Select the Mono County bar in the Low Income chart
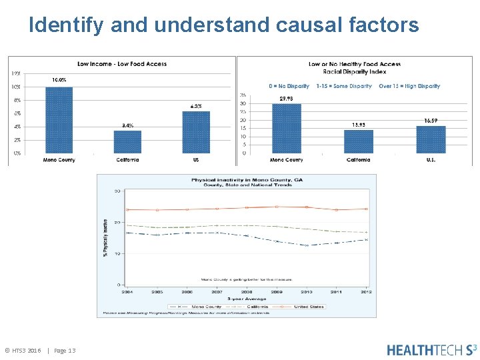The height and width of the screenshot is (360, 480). (59, 121)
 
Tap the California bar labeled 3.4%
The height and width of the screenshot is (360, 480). (127, 141)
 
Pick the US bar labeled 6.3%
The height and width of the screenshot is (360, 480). (196, 132)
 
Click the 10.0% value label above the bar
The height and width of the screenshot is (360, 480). (59, 80)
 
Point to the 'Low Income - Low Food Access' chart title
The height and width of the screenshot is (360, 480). (122, 64)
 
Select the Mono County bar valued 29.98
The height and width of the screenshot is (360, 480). (287, 128)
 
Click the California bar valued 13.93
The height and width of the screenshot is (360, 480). (358, 141)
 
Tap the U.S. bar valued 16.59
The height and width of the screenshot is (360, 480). (431, 139)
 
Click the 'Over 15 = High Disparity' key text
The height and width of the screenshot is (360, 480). (409, 86)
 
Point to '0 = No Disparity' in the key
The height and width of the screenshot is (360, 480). (289, 86)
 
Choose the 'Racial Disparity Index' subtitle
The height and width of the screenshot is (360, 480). (355, 71)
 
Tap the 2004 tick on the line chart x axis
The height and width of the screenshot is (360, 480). (127, 291)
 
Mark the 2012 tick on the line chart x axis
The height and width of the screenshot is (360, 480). (365, 291)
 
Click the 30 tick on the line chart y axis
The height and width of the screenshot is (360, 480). (117, 191)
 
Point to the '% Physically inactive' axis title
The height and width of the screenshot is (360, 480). (105, 237)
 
